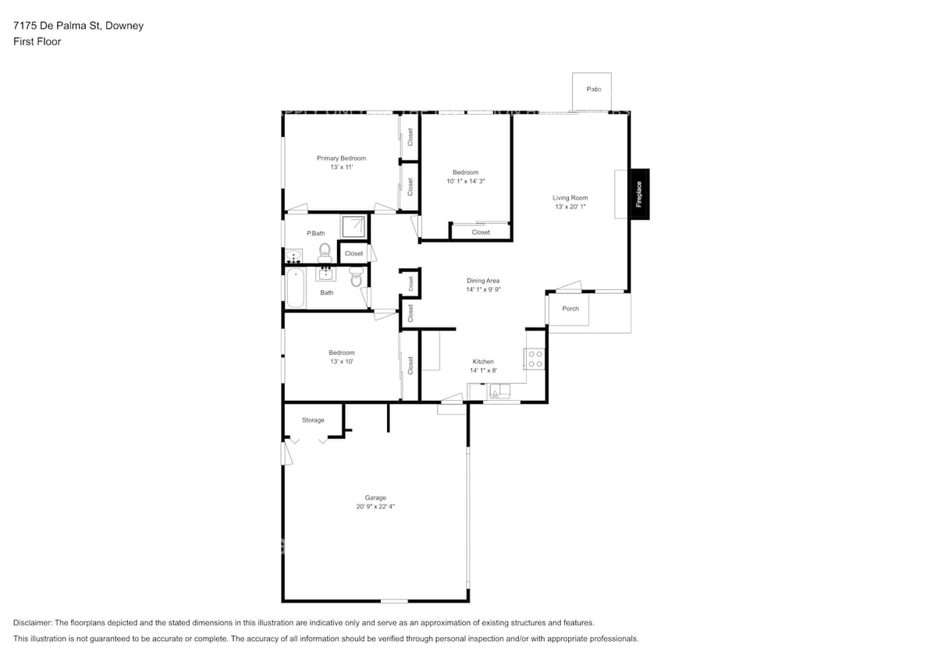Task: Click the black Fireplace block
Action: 639,194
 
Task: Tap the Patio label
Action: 594,90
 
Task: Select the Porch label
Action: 570,309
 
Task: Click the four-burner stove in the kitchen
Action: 535,359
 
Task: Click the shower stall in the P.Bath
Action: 354,227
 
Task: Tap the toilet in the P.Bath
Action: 325,251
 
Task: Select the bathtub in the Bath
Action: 296,288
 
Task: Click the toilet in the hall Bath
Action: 357,278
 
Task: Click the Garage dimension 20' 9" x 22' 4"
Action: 375,507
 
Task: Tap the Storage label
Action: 313,420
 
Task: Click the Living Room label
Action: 570,198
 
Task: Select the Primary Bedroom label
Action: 341,158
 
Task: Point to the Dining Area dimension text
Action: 483,290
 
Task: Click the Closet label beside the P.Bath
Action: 354,253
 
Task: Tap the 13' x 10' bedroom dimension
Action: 341,362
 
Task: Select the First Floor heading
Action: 37,41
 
